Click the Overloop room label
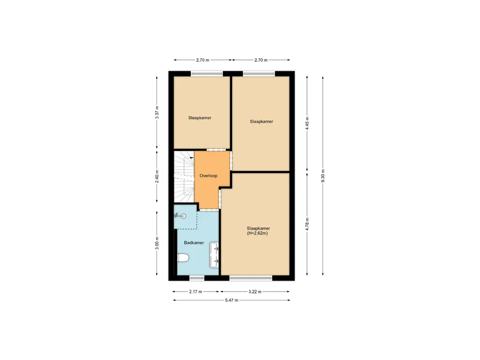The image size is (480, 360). (208, 176)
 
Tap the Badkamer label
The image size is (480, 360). (194, 243)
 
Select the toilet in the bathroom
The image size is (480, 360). (183, 257)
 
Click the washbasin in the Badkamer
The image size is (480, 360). (215, 254)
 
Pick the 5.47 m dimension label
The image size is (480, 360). (231, 300)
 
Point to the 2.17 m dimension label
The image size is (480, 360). (195, 292)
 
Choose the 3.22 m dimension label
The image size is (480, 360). (255, 292)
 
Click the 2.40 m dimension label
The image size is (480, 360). (157, 176)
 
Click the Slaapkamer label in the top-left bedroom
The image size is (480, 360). (200, 118)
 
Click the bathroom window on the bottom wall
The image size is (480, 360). (197, 278)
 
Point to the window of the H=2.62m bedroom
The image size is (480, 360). (251, 278)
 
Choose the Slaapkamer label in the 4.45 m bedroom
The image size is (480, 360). (262, 121)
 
